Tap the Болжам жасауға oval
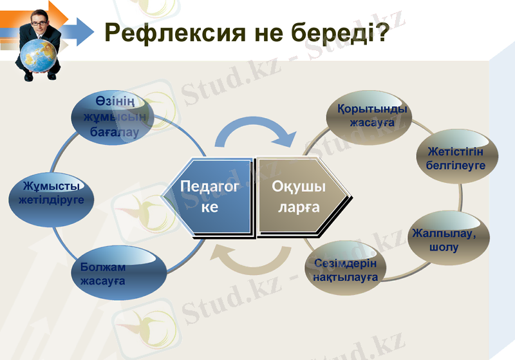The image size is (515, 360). (115, 273)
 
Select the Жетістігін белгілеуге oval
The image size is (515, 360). (455, 158)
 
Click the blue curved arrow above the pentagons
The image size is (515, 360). (254, 133)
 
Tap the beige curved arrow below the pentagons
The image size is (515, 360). (253, 260)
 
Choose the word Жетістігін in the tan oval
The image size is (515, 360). (455, 152)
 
